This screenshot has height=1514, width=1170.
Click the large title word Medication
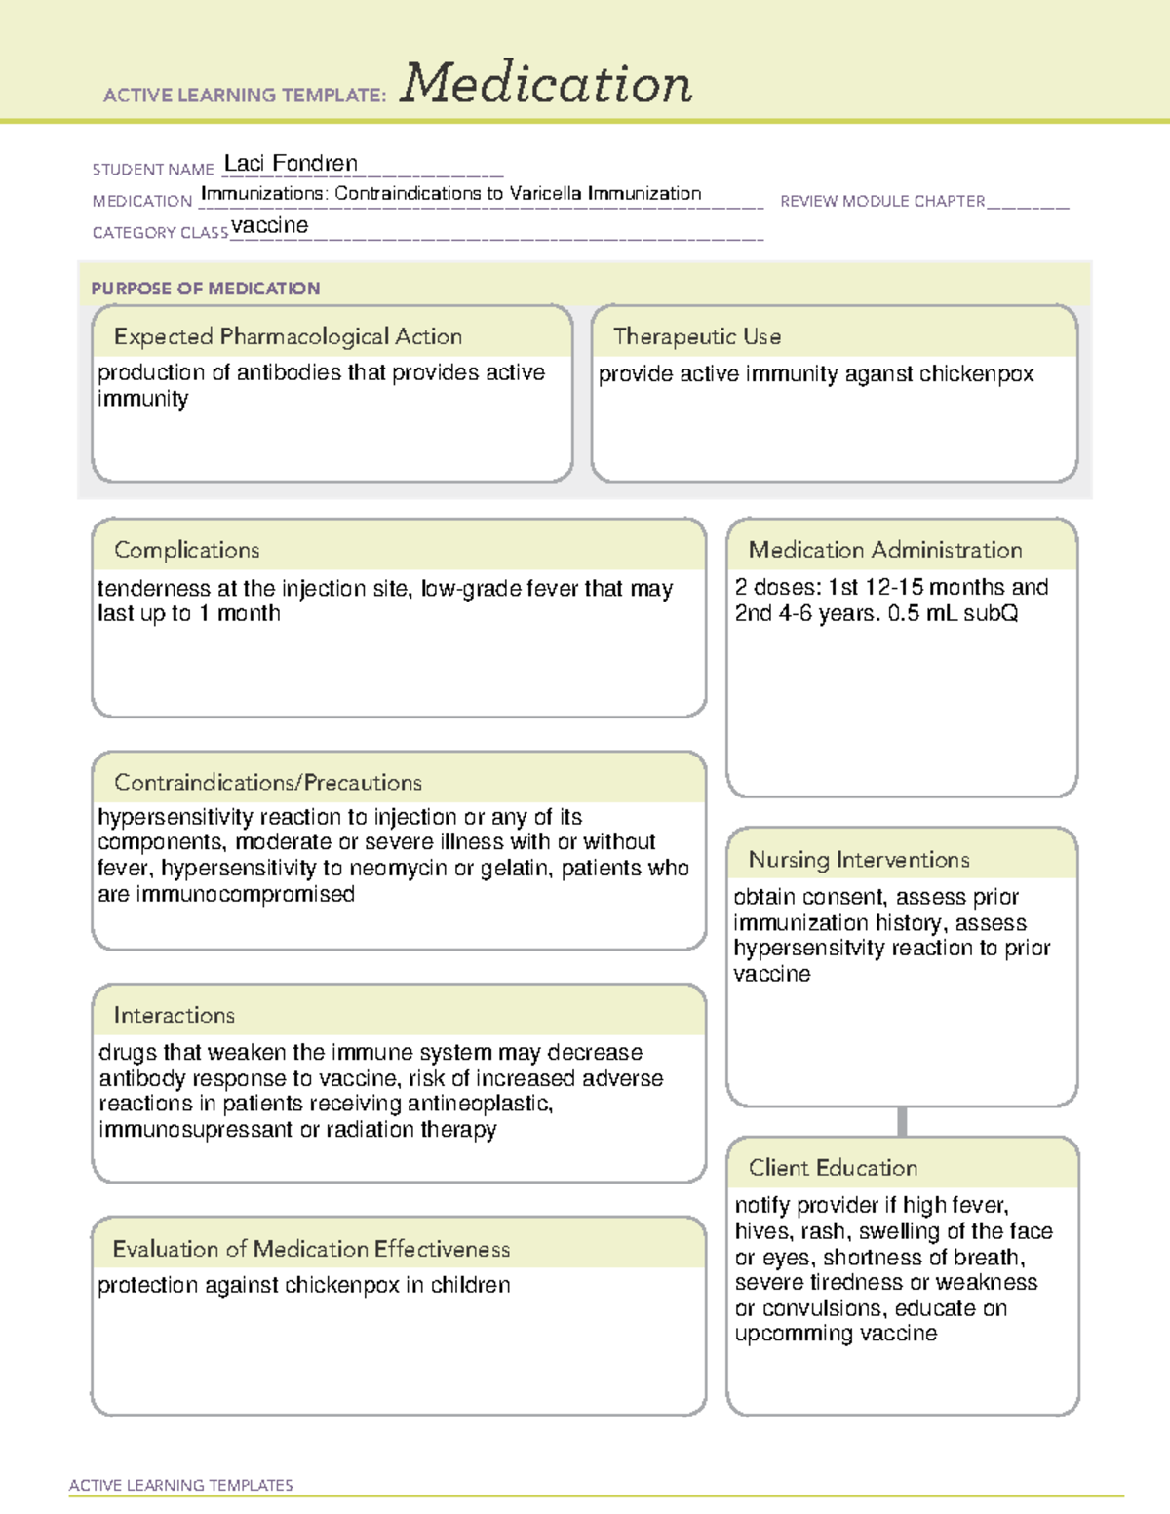point(546,84)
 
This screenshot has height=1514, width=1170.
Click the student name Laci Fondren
point(291,163)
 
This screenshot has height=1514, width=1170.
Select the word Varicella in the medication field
point(545,193)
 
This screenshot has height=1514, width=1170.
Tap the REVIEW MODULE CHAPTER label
point(882,201)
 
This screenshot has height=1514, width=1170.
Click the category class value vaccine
point(270,225)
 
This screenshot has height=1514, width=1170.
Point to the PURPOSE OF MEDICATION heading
point(205,289)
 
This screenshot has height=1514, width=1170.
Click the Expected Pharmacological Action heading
point(288,336)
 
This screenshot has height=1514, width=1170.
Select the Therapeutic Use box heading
point(696,336)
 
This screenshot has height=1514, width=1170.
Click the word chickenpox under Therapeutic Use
point(976,374)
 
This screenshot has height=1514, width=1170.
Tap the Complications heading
point(186,550)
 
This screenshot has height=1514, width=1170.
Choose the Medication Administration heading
point(884,550)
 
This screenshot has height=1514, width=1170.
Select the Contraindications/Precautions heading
point(267,782)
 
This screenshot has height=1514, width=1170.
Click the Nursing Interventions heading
point(858,859)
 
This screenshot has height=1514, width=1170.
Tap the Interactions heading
point(174,1015)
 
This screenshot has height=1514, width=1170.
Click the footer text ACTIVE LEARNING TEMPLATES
point(180,1485)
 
